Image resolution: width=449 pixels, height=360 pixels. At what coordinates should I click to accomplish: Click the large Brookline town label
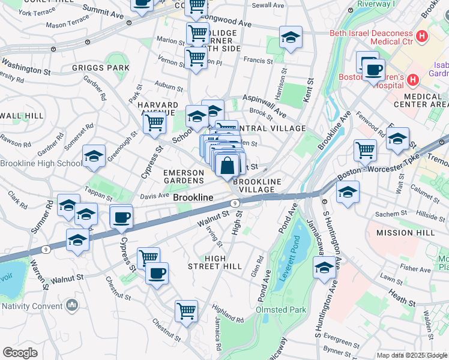(193, 197)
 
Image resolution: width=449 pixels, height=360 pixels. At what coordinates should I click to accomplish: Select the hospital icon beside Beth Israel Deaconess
(421, 37)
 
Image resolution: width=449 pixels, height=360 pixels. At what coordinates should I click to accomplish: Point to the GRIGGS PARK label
(101, 68)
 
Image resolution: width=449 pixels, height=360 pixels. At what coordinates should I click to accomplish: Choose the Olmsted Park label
(282, 310)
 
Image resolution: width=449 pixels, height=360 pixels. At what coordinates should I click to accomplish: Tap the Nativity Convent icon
(73, 305)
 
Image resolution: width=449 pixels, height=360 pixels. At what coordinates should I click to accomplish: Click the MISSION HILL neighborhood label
(404, 232)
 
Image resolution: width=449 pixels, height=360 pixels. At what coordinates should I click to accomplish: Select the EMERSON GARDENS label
(184, 177)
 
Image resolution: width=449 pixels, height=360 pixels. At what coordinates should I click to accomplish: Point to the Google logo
(20, 353)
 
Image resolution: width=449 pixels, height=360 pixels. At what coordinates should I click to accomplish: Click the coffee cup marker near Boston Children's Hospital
(372, 69)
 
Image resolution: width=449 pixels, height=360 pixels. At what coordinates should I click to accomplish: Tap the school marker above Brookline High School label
(94, 157)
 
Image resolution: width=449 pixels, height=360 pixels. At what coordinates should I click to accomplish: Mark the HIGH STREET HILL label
(214, 262)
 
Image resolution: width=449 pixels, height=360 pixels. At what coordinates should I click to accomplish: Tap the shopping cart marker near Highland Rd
(186, 311)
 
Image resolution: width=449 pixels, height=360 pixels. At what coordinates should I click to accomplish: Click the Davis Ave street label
(154, 196)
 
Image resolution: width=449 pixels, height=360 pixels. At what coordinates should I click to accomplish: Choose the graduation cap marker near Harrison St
(291, 39)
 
